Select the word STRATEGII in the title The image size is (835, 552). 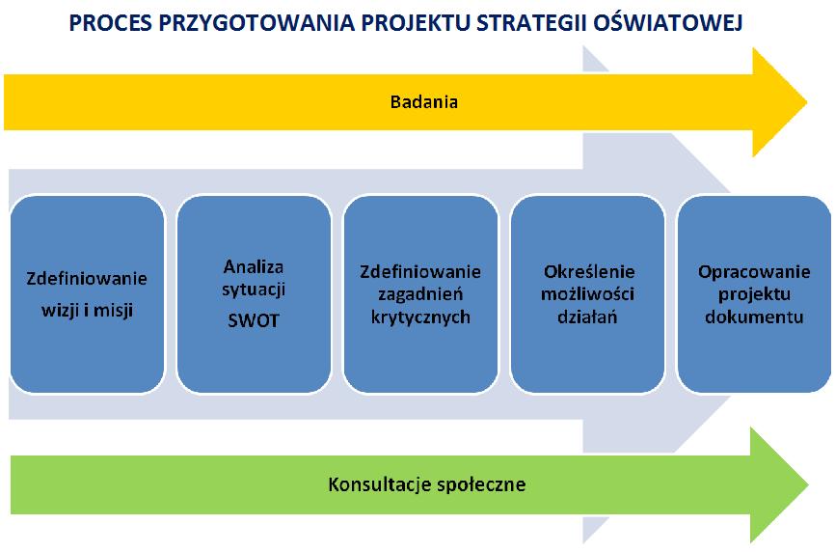[529, 23]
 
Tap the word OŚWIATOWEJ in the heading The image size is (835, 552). [668, 22]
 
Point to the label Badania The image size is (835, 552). [424, 101]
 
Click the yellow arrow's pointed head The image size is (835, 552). [806, 101]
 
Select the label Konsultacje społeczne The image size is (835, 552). [426, 484]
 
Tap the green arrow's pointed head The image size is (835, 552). [807, 484]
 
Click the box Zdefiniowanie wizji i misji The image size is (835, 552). [88, 294]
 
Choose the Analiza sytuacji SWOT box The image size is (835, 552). [254, 294]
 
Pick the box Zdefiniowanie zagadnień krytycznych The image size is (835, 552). [420, 294]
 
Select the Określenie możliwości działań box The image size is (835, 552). [587, 294]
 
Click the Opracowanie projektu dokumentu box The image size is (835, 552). [754, 294]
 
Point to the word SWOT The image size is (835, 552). [254, 320]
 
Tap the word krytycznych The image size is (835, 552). [420, 317]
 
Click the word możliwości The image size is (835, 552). [587, 294]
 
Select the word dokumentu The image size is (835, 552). [754, 317]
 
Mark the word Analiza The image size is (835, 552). [254, 266]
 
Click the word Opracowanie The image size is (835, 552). [754, 272]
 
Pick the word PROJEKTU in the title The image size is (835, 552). [415, 23]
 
